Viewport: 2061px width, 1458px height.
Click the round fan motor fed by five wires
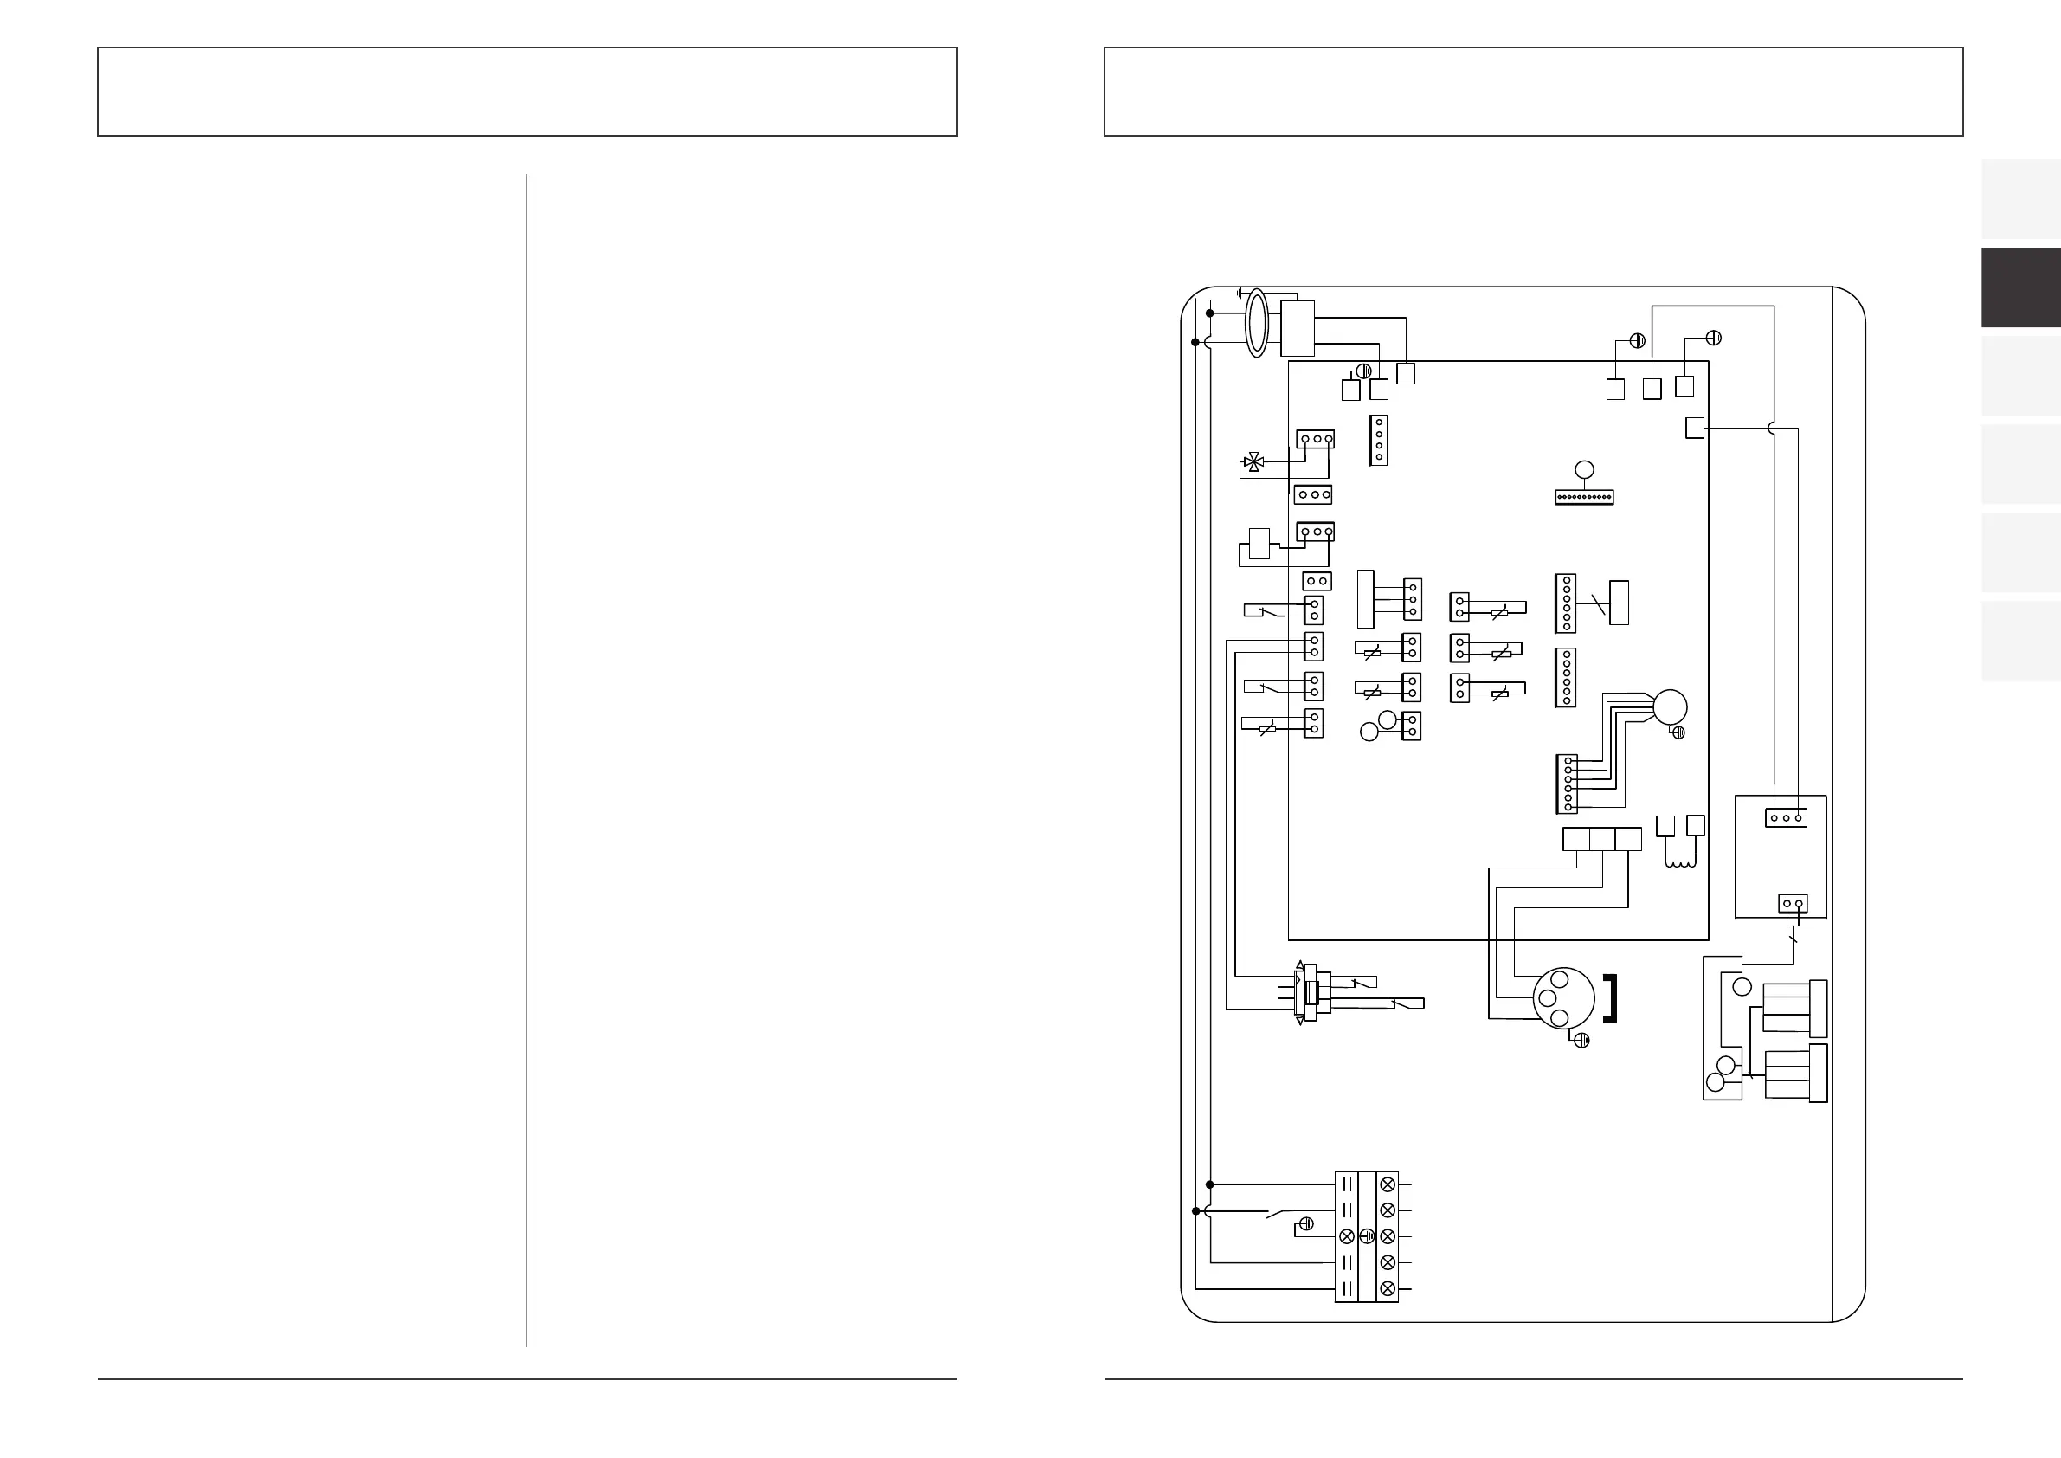pos(1670,706)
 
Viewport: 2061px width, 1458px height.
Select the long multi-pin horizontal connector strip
pos(1584,495)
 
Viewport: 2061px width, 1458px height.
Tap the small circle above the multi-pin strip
pos(1585,468)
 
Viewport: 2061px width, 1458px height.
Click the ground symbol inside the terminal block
pos(1367,1236)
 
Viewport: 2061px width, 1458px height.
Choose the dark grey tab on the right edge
pos(2020,287)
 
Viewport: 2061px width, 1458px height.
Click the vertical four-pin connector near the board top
pos(1379,440)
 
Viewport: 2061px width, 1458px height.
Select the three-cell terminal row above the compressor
pos(1602,839)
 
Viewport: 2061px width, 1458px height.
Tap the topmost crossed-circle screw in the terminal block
pos(1387,1184)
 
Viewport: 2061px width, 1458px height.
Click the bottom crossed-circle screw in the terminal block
pos(1387,1289)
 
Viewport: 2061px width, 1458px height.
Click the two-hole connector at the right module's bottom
pos(1793,903)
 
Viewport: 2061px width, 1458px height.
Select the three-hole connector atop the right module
pos(1787,818)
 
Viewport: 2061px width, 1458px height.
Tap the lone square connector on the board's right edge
pos(1695,429)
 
